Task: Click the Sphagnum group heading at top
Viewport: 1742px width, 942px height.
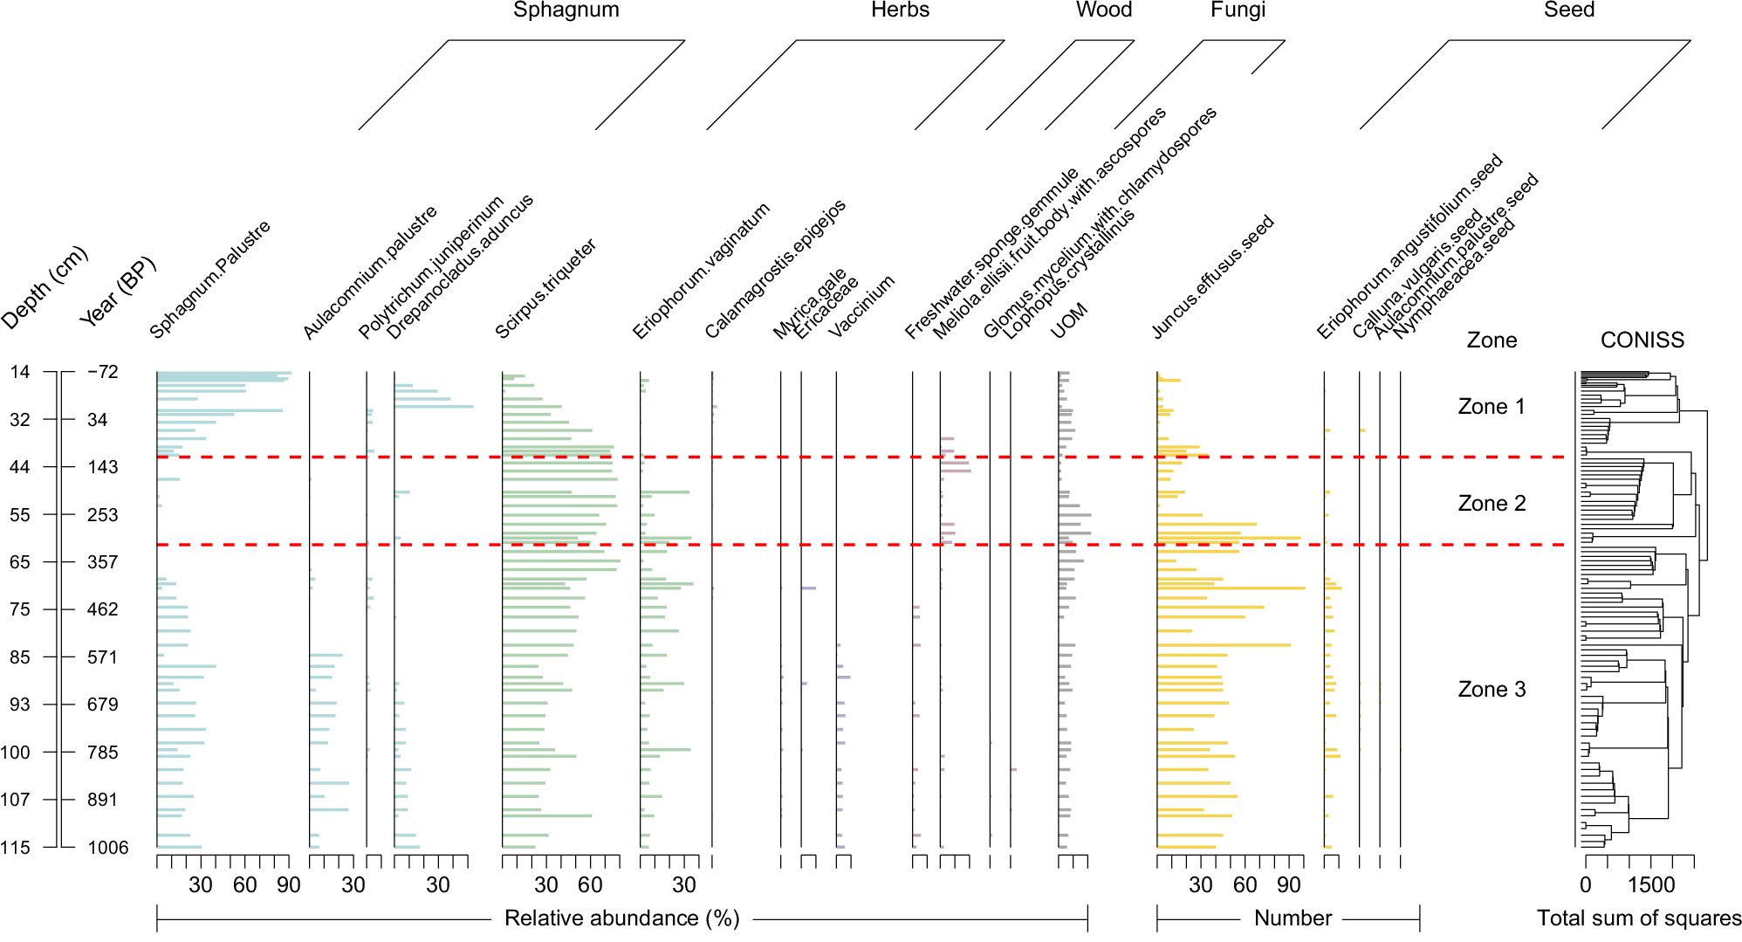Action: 566,10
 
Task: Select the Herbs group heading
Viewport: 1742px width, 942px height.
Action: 900,10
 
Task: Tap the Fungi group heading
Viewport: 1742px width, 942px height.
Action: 1237,10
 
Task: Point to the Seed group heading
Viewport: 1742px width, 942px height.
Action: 1568,10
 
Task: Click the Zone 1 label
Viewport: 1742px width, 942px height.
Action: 1491,406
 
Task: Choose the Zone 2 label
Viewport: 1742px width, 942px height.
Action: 1491,503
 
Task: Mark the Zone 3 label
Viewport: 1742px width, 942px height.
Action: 1491,689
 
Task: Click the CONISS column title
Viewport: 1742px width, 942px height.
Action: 1642,340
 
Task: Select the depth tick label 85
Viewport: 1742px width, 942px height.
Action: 19,657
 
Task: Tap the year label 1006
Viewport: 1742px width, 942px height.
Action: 107,847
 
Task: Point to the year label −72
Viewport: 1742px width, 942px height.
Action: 102,372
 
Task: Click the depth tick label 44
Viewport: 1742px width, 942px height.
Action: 19,467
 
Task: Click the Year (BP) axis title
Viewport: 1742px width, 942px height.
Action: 118,292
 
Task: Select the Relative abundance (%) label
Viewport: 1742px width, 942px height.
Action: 621,918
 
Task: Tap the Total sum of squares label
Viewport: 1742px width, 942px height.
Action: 1638,918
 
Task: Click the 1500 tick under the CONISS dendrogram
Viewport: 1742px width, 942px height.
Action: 1650,884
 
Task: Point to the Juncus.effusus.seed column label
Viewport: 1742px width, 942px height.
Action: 1212,277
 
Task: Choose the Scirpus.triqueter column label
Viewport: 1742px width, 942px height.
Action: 545,288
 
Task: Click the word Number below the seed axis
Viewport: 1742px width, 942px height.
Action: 1292,918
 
